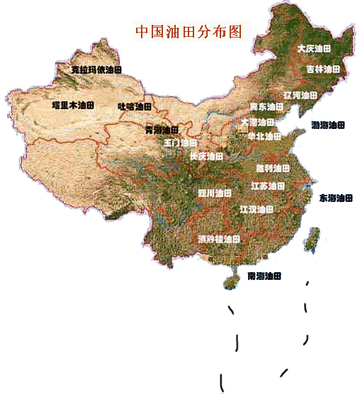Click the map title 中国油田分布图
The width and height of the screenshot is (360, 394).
189,32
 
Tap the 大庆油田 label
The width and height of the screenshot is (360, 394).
314,49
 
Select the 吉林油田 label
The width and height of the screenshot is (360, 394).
322,69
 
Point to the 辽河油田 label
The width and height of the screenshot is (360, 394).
300,94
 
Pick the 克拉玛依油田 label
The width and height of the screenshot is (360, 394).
97,69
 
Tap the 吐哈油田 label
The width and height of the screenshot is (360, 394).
135,106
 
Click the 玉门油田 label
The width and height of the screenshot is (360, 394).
180,142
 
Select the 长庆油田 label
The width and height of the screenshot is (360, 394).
206,156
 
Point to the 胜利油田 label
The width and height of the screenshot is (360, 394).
273,168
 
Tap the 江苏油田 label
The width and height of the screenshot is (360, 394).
269,186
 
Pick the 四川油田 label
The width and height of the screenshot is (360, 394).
214,192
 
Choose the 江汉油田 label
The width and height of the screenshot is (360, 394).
257,209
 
